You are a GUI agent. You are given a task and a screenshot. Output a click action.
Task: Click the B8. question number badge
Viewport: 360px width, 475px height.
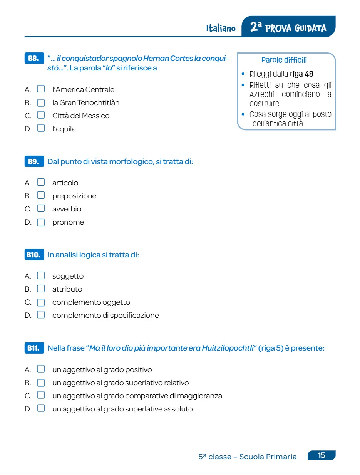(33, 59)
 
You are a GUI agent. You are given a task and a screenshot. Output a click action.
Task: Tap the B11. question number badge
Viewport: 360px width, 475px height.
(33, 348)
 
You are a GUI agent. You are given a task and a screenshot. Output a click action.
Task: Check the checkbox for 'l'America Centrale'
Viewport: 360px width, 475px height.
(41, 89)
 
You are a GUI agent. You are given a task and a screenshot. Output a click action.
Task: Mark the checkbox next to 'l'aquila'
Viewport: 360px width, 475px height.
(41, 128)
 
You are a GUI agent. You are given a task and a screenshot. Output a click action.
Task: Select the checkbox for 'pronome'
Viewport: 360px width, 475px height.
(41, 222)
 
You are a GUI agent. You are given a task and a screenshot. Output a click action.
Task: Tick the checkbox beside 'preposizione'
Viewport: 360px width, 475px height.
(41, 196)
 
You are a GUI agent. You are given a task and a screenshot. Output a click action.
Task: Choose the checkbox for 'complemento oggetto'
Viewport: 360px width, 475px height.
(41, 302)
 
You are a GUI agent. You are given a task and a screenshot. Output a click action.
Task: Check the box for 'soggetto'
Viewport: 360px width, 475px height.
(41, 276)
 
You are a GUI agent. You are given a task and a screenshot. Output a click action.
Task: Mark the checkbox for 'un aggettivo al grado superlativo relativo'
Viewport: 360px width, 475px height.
(41, 383)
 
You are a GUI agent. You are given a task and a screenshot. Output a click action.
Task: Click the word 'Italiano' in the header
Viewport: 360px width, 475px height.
(221, 29)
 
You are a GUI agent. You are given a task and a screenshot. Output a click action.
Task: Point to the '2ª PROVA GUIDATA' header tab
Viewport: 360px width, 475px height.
(288, 28)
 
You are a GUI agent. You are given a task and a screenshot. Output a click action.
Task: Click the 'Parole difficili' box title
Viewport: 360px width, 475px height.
(284, 60)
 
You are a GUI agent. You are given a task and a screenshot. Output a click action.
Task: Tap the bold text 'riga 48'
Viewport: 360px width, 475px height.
(301, 74)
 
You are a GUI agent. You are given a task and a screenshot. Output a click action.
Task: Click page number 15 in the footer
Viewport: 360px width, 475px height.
(321, 455)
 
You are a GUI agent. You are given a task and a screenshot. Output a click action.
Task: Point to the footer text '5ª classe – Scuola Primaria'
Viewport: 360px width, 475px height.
(248, 457)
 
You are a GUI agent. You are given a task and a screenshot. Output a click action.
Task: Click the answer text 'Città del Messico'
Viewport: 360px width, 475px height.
(81, 116)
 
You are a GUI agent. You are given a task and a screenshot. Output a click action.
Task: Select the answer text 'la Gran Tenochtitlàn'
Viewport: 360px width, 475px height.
(86, 102)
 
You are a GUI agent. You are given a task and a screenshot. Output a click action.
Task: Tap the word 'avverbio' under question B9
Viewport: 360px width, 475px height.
(67, 209)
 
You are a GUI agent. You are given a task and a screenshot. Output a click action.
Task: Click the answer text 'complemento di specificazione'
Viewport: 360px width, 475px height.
(105, 316)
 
